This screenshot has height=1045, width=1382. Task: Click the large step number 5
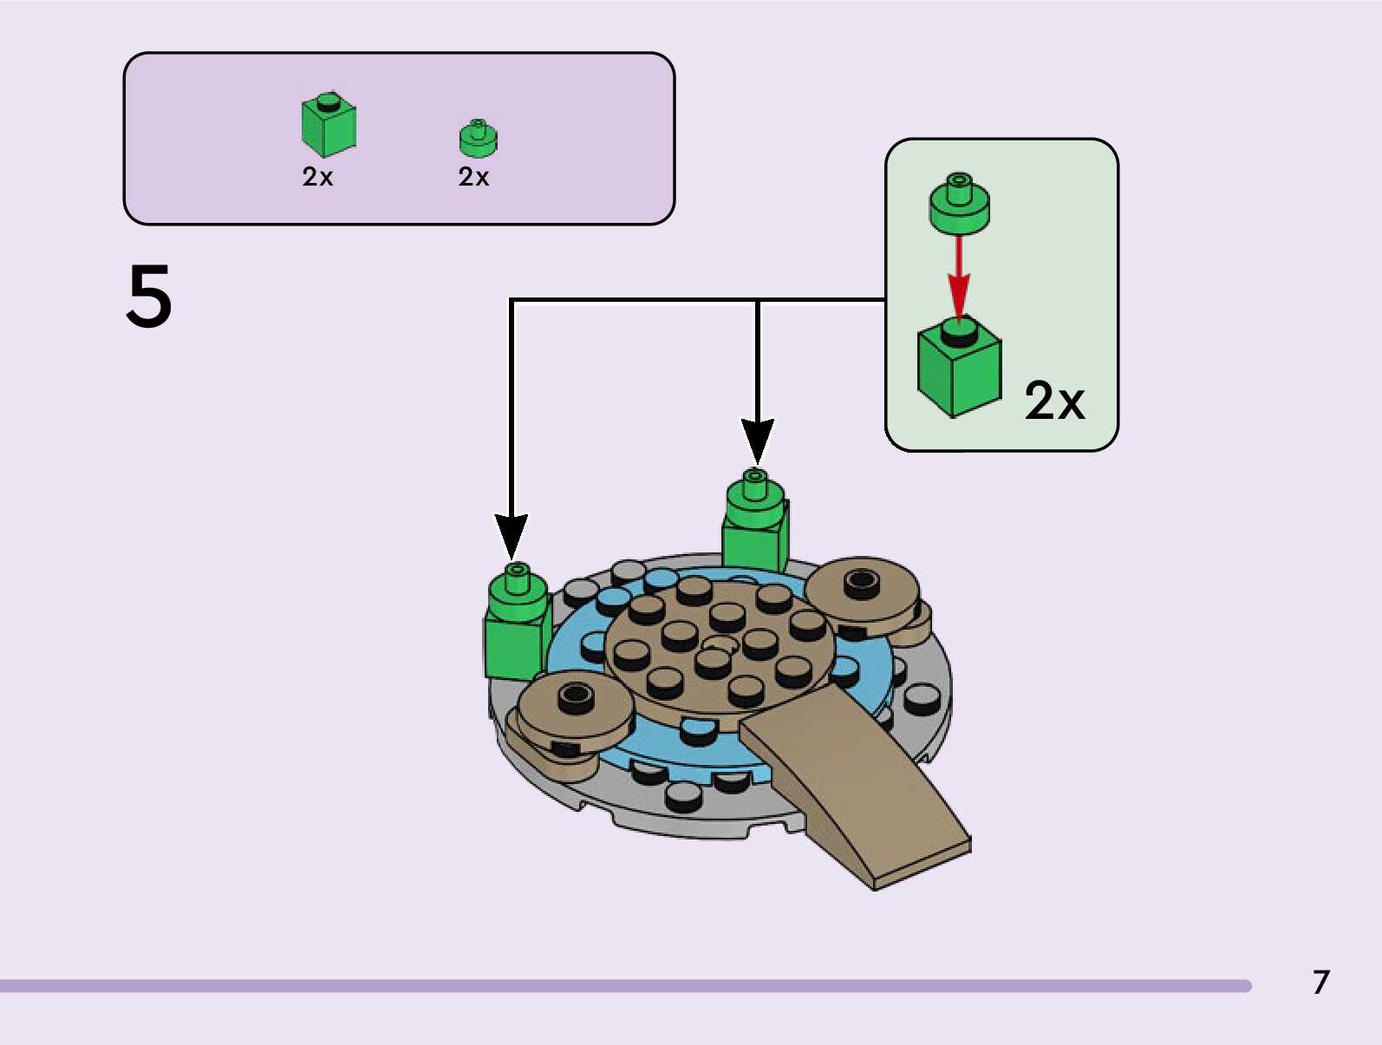pyautogui.click(x=149, y=296)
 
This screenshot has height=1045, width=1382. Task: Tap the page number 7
pyautogui.click(x=1320, y=982)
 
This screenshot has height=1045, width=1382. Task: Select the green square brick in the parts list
pyautogui.click(x=328, y=126)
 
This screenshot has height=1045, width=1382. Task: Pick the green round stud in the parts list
pyautogui.click(x=478, y=139)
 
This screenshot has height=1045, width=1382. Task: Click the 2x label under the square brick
pyautogui.click(x=317, y=177)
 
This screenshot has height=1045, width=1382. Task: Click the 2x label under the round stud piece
pyautogui.click(x=473, y=177)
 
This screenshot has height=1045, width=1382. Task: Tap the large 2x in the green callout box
pyautogui.click(x=1054, y=401)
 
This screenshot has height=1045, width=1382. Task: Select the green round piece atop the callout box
pyautogui.click(x=959, y=204)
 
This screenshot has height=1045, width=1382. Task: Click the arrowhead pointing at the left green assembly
pyautogui.click(x=512, y=536)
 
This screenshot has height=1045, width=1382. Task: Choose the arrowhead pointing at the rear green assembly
pyautogui.click(x=757, y=441)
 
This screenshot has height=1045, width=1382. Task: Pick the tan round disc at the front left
pyautogui.click(x=575, y=711)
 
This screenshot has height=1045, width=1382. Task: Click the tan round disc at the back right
pyautogui.click(x=861, y=594)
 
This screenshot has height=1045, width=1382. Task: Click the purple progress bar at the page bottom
pyautogui.click(x=624, y=986)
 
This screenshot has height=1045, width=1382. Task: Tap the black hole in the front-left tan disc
pyautogui.click(x=575, y=694)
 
